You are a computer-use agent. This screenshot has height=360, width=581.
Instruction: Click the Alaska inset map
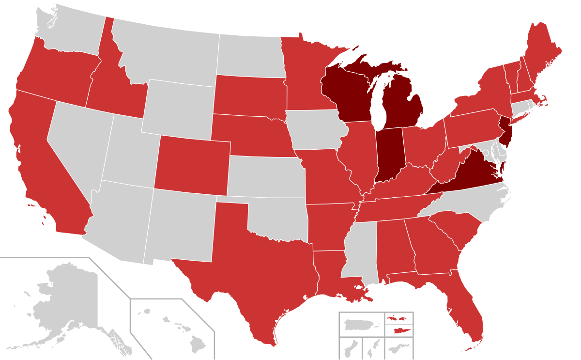[63, 305]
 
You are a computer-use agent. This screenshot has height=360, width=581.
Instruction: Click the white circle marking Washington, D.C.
[485, 153]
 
